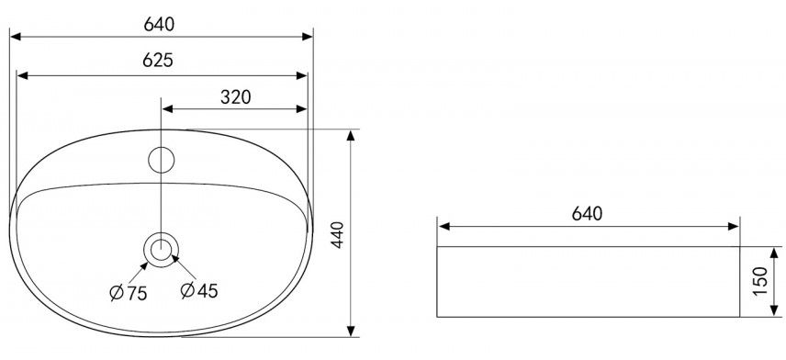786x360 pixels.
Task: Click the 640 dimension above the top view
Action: coord(159,24)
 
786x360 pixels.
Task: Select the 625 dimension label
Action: coord(158,61)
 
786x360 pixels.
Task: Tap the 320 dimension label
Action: coord(236,97)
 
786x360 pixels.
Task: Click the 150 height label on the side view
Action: coord(760,281)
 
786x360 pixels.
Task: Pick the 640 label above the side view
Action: coord(587,214)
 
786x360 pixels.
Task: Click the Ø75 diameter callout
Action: coord(129,293)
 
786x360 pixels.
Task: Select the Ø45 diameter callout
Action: coord(199,291)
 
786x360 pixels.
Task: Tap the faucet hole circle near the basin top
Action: coord(162,160)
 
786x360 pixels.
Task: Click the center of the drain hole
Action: coord(161,249)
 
